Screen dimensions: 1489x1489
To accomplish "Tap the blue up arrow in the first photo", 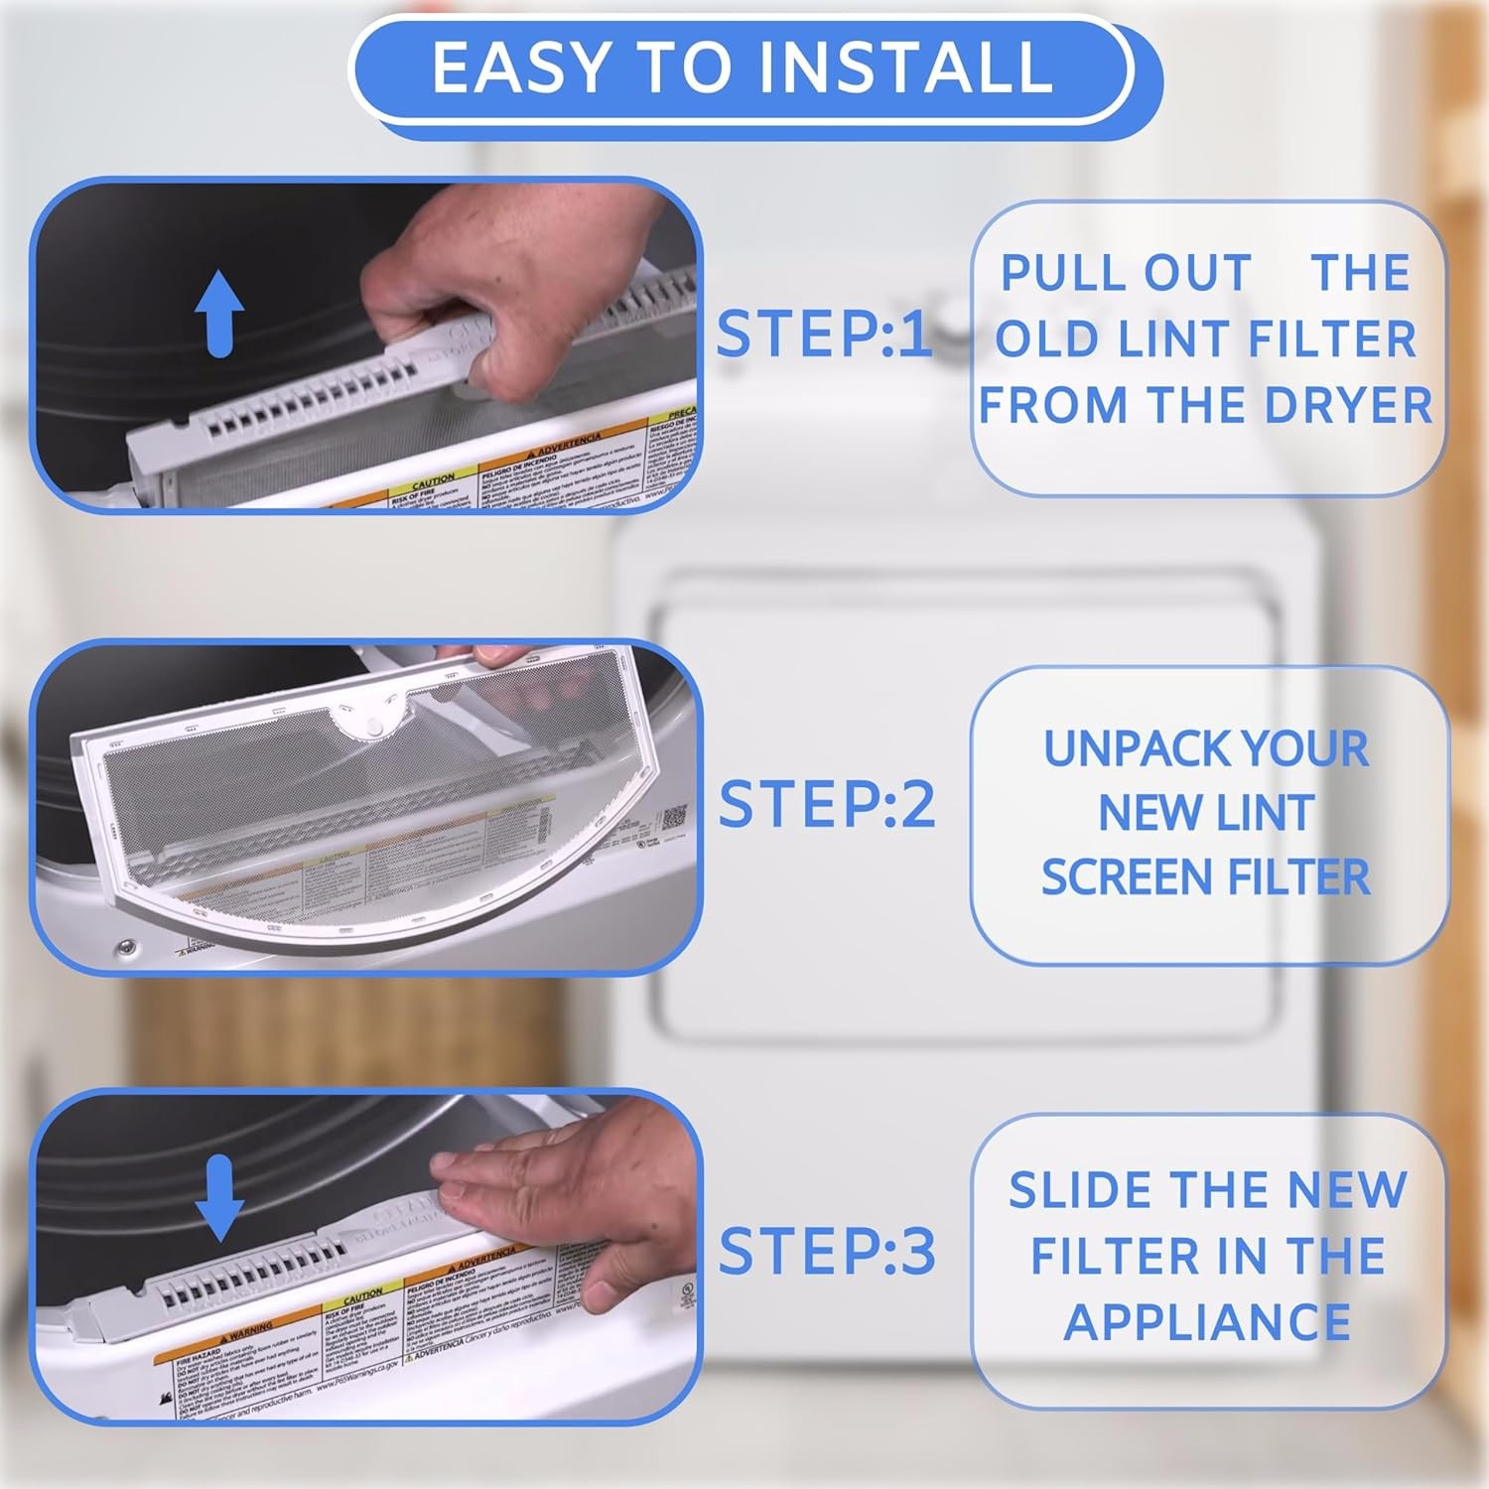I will coord(218,315).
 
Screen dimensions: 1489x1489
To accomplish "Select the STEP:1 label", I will coord(823,335).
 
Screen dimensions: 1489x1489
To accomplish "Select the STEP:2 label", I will coord(826,803).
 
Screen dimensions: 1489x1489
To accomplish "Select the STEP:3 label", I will coord(826,1250).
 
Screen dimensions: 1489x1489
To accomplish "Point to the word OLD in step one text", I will coord(1044,339).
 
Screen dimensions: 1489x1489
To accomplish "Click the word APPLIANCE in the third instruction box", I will coord(1207,1322).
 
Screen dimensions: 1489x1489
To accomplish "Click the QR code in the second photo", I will coord(674,818).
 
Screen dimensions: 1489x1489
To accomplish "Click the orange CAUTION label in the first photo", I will coord(434,479).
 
